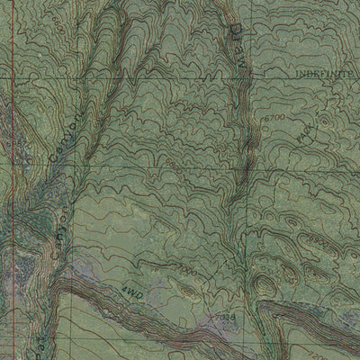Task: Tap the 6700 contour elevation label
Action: tap(275, 118)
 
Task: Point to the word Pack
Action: tap(308, 136)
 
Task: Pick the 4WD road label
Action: tap(135, 293)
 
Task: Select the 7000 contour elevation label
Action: tap(184, 271)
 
